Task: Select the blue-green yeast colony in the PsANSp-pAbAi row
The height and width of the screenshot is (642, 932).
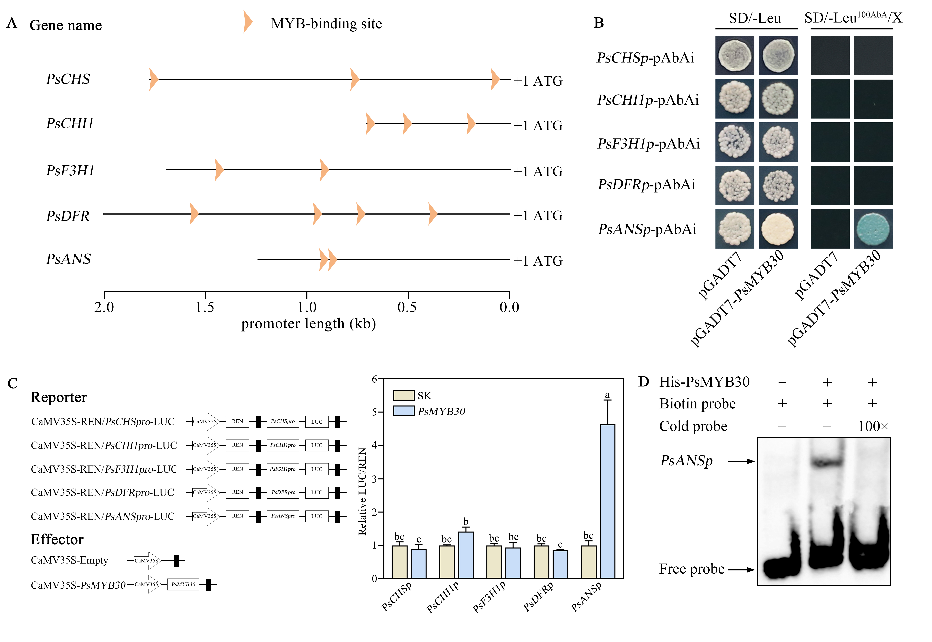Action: [x=873, y=229]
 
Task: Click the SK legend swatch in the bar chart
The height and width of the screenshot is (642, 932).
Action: [x=403, y=395]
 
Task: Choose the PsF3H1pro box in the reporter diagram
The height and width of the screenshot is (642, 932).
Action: [x=283, y=469]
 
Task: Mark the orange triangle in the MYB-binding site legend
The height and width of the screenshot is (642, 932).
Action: [x=247, y=22]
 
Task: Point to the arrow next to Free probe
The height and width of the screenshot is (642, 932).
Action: [x=741, y=570]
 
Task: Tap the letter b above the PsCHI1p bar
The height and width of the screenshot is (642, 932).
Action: [x=466, y=522]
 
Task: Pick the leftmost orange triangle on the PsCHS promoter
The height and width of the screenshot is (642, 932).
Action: [x=153, y=79]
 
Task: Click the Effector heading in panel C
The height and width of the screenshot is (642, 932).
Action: [x=57, y=539]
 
